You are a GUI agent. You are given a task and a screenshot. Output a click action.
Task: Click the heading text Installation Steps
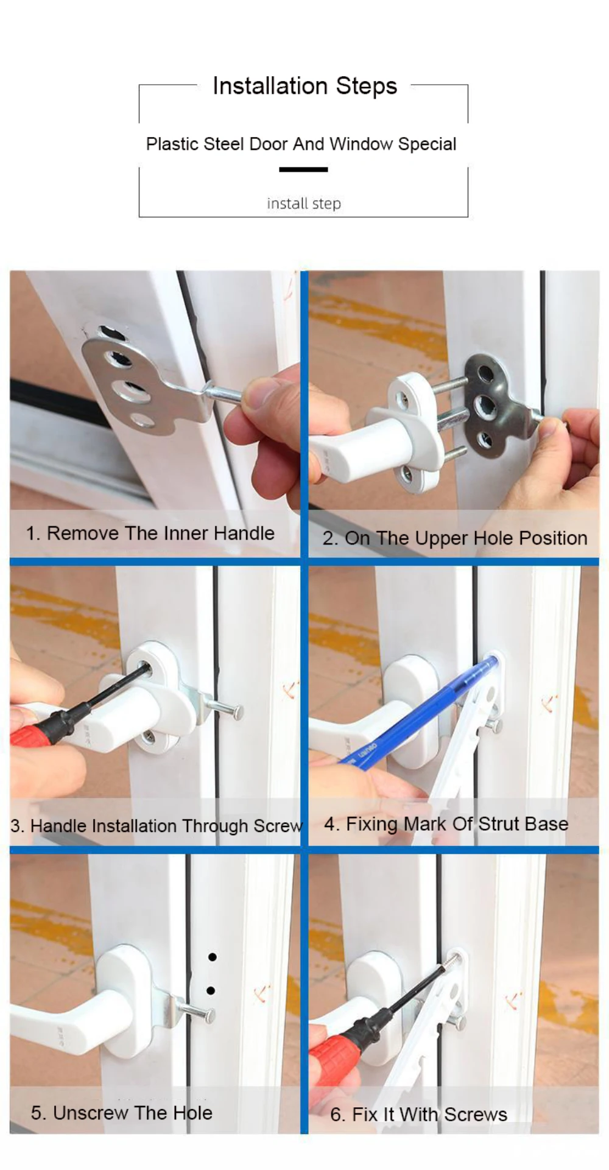tap(304, 86)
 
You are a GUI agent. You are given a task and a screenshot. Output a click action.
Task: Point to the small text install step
tap(303, 203)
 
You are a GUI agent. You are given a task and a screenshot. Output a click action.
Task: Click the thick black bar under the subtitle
tap(303, 169)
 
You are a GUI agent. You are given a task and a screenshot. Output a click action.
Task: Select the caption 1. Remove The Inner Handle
tap(150, 533)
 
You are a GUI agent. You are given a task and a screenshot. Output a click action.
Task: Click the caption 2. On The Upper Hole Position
tap(454, 538)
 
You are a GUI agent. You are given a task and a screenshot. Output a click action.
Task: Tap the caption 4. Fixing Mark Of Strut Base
tap(446, 823)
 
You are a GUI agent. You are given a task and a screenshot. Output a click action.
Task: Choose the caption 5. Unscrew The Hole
tap(122, 1112)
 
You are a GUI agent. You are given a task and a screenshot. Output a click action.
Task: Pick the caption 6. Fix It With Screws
tap(418, 1114)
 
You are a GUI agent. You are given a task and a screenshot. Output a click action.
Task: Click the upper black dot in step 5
tap(212, 957)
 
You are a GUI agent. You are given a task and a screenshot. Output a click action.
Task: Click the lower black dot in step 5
tap(211, 990)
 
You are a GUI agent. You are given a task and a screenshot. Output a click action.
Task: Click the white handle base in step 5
tap(125, 981)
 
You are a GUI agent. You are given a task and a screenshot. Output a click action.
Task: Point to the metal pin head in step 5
tap(208, 1015)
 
